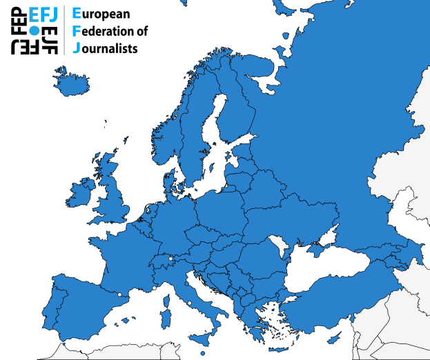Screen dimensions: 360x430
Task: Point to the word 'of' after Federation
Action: pyautogui.click(x=139, y=32)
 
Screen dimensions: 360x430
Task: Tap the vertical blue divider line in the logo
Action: pyautogui.click(x=64, y=30)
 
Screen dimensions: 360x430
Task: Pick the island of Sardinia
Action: pyautogui.click(x=166, y=318)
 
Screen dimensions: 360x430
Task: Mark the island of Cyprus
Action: pyautogui.click(x=333, y=337)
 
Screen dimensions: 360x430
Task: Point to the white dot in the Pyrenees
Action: pyautogui.click(x=120, y=295)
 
